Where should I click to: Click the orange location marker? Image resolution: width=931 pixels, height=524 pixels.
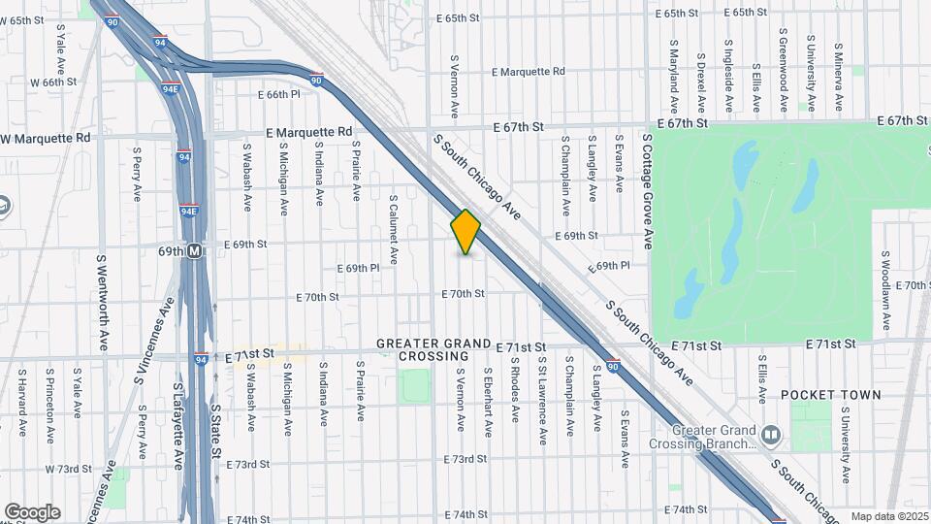pos(465,232)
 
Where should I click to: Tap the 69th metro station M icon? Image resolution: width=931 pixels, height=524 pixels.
pos(195,250)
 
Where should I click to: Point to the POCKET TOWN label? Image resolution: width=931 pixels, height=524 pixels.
pos(831,395)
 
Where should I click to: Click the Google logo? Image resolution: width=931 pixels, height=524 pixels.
pos(32,511)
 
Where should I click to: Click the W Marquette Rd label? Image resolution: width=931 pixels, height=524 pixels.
pos(46,138)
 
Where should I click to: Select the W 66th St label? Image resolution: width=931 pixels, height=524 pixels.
pos(52,82)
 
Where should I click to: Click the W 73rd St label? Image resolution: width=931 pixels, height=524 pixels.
pos(68,469)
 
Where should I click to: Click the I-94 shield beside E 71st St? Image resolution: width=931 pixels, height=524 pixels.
pos(200,359)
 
